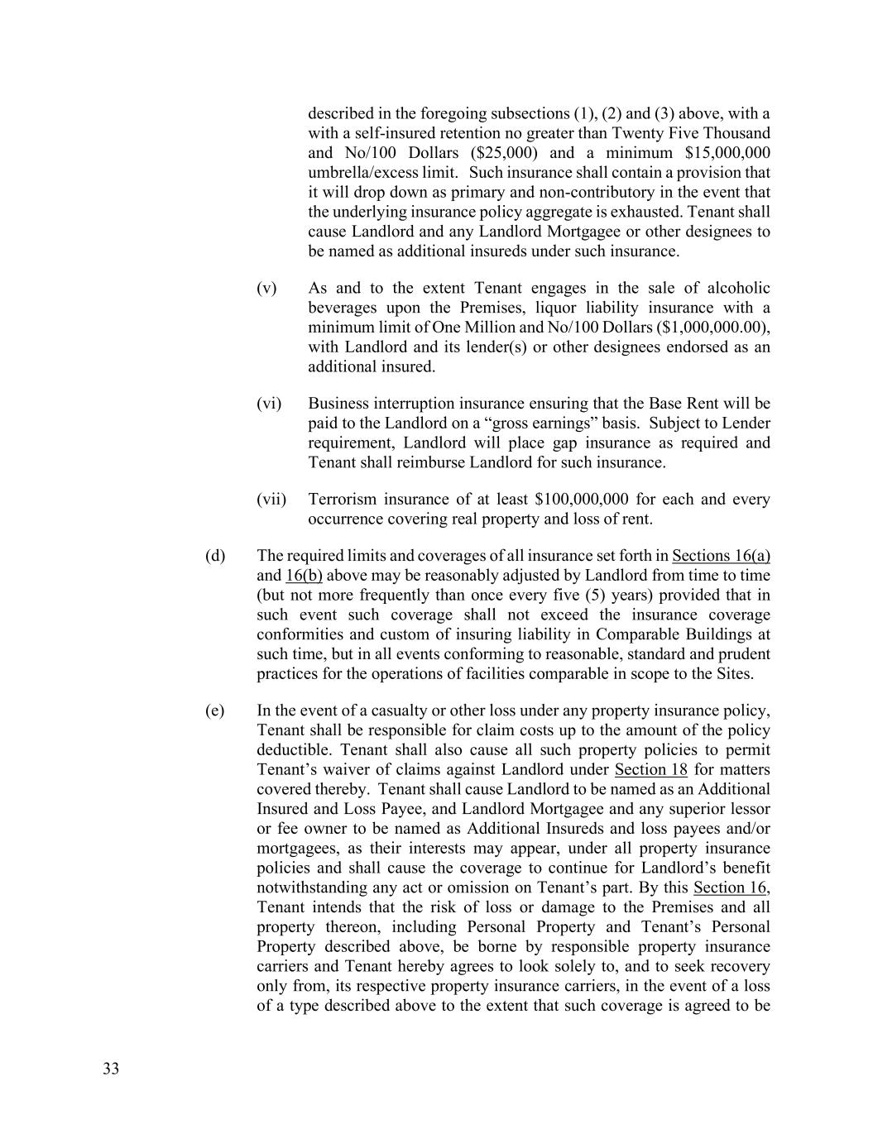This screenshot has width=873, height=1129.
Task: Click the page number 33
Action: click(x=111, y=1069)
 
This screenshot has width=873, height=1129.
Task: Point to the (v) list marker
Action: click(x=266, y=288)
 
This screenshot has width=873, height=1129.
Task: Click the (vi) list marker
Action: click(x=269, y=404)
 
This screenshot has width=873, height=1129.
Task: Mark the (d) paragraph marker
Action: click(x=215, y=556)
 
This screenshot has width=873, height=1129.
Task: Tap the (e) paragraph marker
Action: click(x=215, y=710)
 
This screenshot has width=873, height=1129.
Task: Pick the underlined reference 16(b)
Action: click(x=304, y=576)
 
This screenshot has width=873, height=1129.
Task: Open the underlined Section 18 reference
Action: click(x=651, y=770)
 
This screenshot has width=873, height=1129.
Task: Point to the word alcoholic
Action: click(x=739, y=288)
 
